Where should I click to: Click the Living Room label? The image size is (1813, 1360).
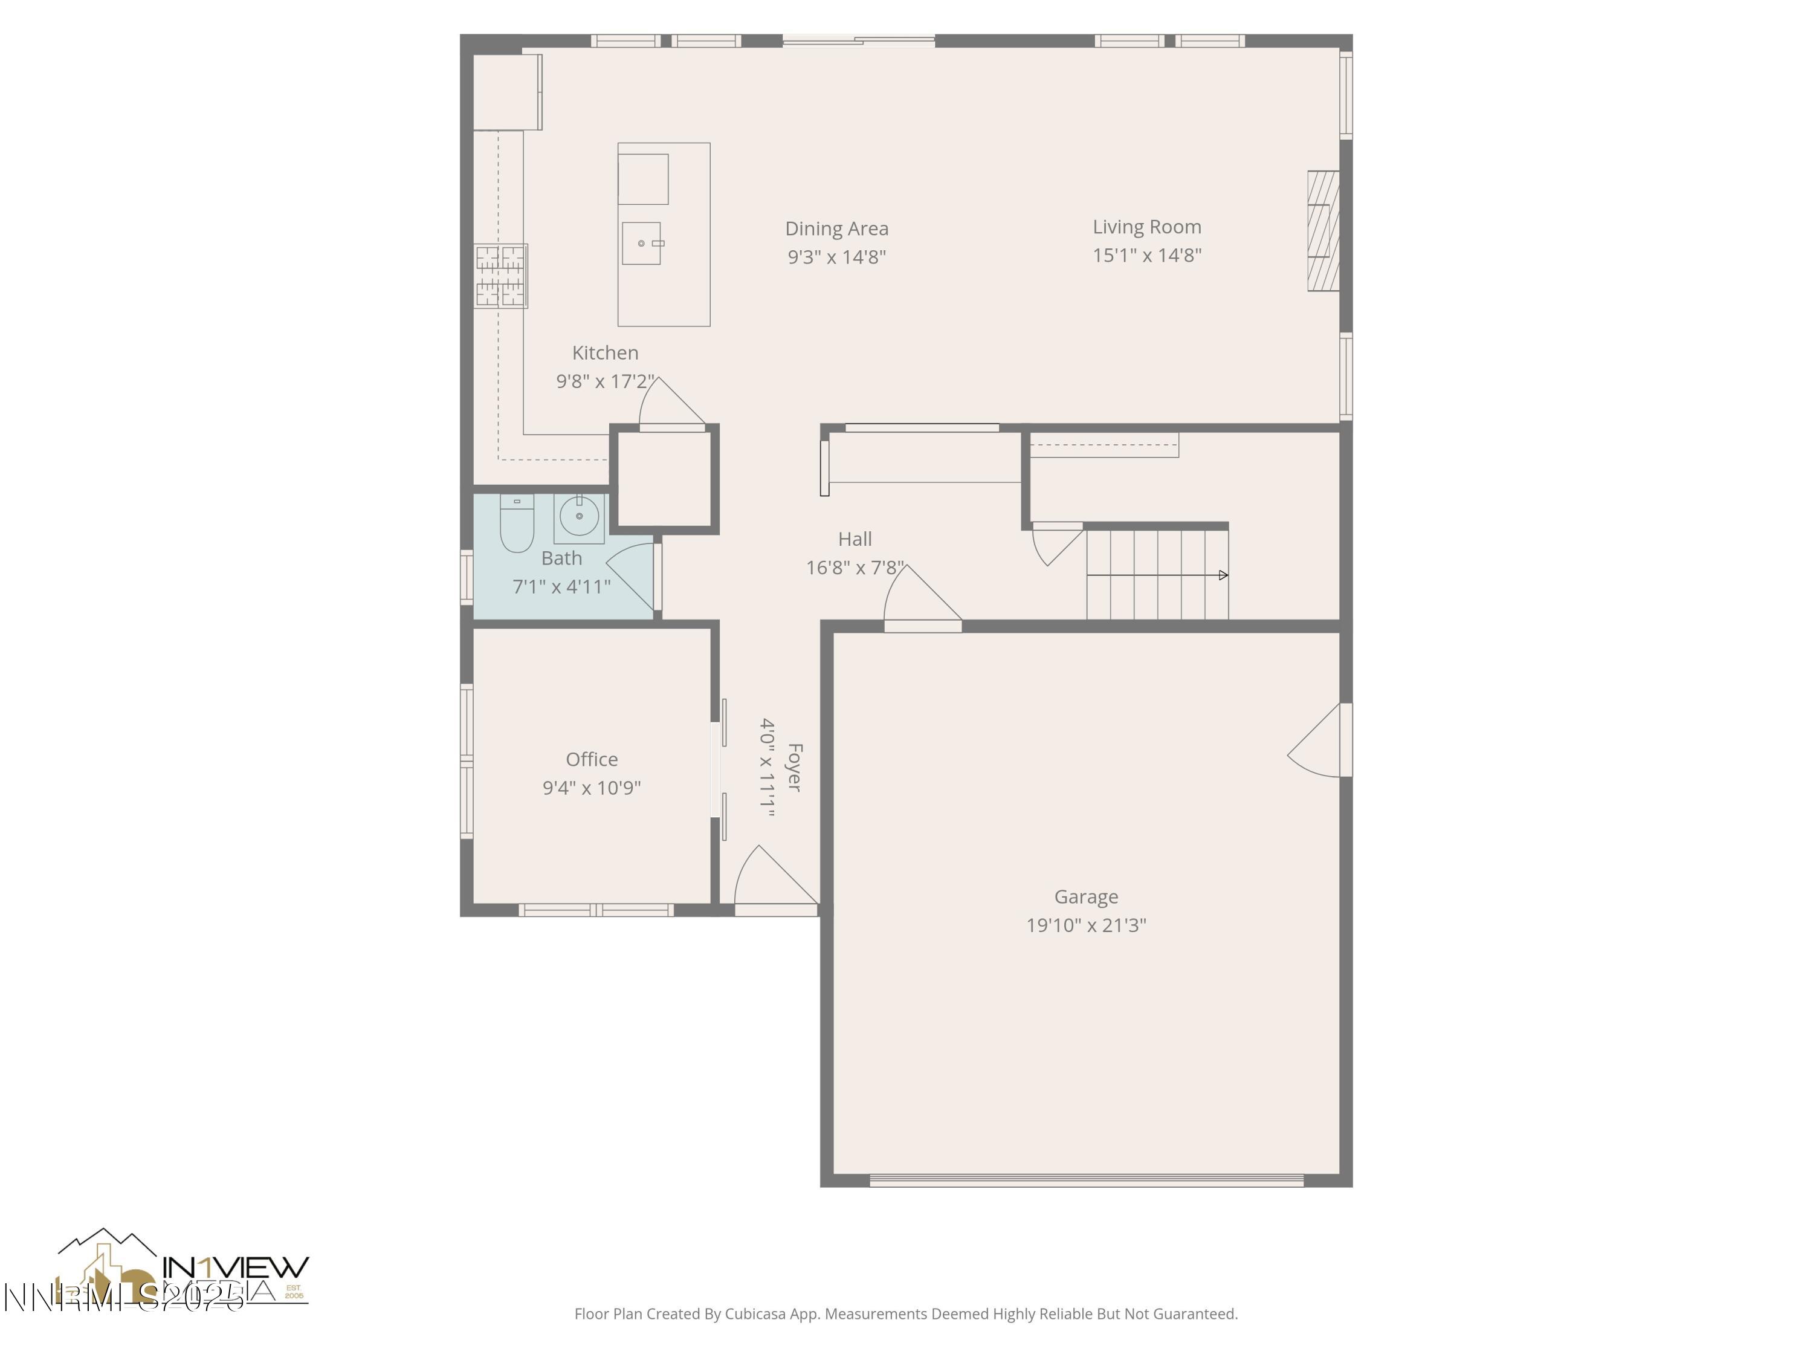point(1146,227)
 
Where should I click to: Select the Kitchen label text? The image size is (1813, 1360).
point(605,352)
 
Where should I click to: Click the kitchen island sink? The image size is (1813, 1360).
point(641,244)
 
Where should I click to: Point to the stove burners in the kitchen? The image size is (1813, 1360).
point(500,276)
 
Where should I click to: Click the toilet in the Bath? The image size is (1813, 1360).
point(516,525)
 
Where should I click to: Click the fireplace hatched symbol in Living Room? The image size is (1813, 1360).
point(1322,230)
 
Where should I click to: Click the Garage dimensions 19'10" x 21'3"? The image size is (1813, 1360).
point(1085,925)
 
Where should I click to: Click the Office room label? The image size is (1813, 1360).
point(591,759)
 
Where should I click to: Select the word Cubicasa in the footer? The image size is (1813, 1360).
point(755,1314)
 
